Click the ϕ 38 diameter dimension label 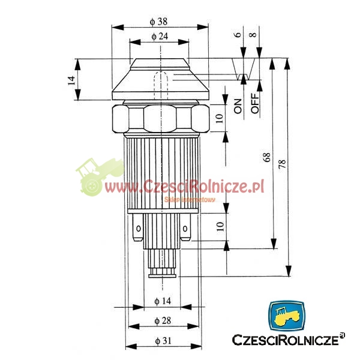click(x=158, y=22)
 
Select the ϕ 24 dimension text click(x=160, y=36)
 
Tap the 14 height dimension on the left click(x=71, y=80)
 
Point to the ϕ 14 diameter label click(x=163, y=301)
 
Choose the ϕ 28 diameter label click(x=163, y=320)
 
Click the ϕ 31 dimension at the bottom click(x=163, y=341)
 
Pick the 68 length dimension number click(x=267, y=157)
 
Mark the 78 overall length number click(x=282, y=164)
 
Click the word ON click(x=238, y=106)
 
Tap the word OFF click(x=255, y=103)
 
